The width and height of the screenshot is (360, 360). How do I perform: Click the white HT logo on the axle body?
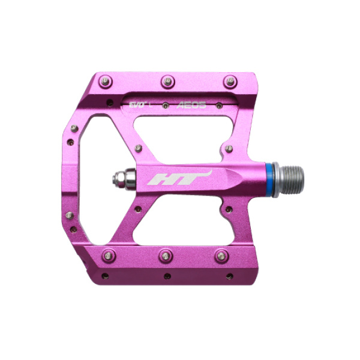pos(179,178)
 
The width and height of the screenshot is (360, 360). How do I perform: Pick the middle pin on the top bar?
pos(168,80)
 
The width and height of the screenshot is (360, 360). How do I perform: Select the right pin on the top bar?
pos(229,81)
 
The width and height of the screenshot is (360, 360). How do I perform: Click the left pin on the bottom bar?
pos(108,255)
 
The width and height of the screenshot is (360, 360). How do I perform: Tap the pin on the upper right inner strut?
pos(229,148)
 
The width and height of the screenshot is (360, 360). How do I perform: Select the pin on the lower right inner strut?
pos(227,210)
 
